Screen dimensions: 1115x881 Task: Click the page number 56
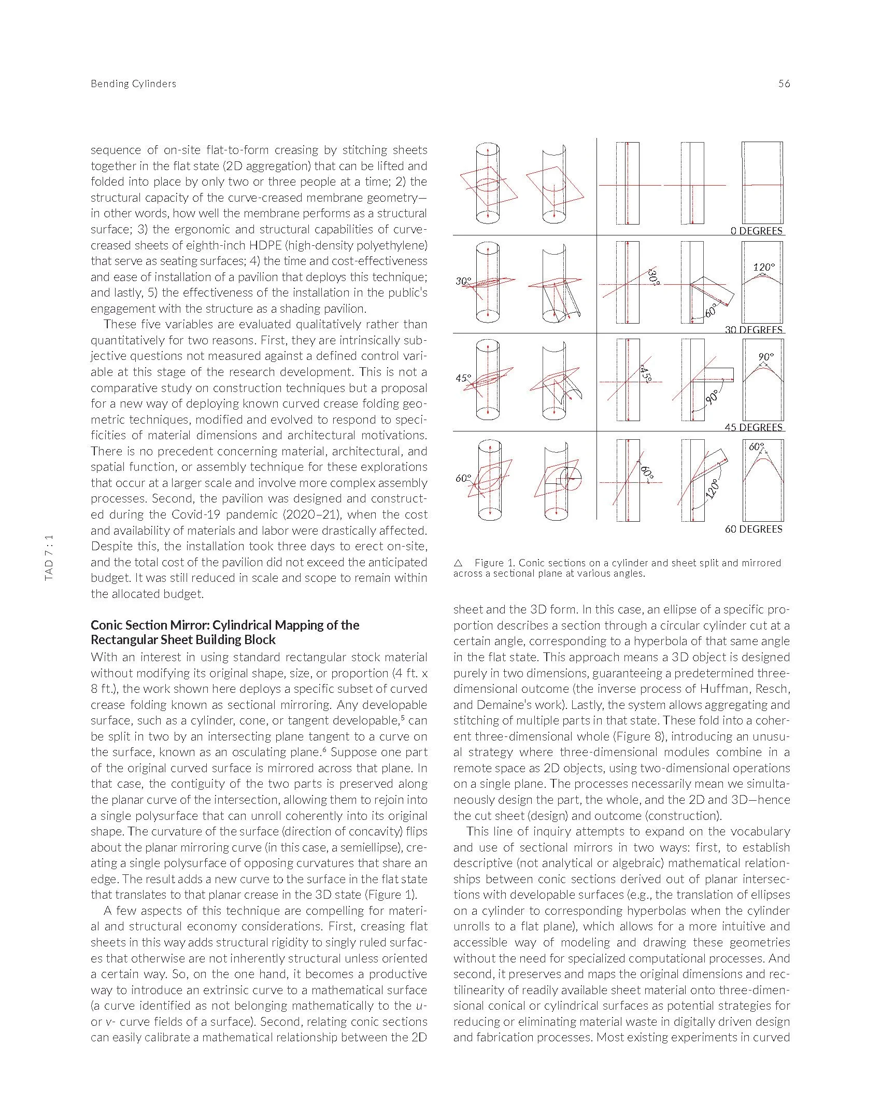[x=784, y=83]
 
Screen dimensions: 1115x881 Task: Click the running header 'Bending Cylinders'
[x=133, y=83]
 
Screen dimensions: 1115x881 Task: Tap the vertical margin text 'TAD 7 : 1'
[x=49, y=558]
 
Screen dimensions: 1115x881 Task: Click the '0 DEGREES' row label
[x=756, y=231]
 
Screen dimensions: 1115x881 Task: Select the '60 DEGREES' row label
[x=753, y=529]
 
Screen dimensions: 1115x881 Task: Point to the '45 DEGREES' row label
[x=754, y=427]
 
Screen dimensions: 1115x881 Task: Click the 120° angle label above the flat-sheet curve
[x=763, y=267]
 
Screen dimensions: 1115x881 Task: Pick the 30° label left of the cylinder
[x=463, y=281]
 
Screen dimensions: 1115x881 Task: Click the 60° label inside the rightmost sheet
[x=756, y=446]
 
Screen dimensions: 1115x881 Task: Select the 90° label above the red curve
[x=765, y=357]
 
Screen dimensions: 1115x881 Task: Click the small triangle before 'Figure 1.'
[x=458, y=563]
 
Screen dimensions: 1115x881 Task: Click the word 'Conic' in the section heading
[x=107, y=624]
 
